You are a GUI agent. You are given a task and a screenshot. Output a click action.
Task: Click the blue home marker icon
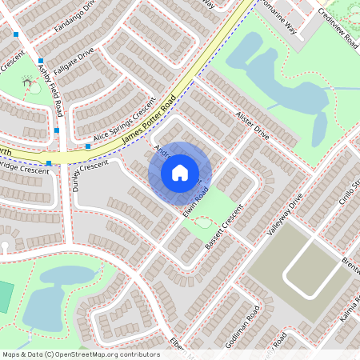180,172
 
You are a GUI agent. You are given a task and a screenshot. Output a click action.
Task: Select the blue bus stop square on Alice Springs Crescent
88,146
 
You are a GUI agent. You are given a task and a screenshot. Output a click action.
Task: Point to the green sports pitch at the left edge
5,297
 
